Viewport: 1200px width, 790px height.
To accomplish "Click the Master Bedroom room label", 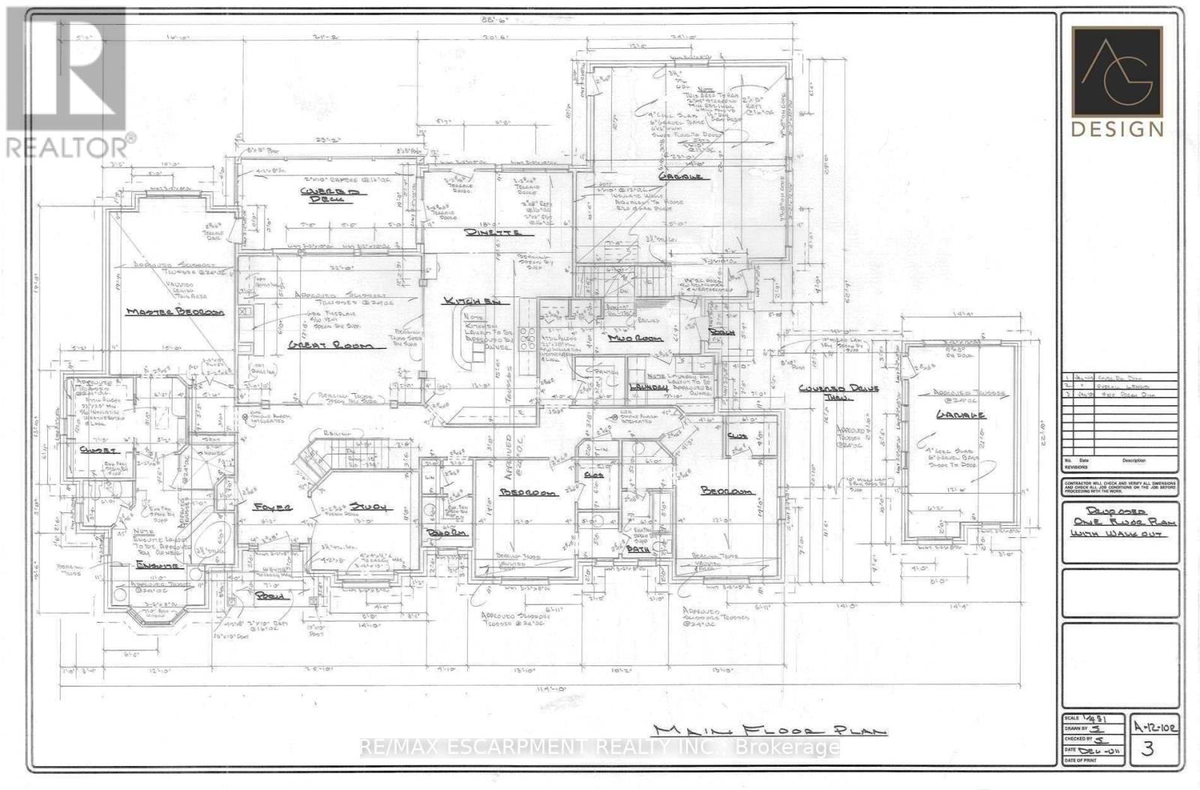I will (x=175, y=311).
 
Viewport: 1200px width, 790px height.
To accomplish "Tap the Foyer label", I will (x=272, y=507).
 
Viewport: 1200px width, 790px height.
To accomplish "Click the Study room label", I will (x=371, y=507).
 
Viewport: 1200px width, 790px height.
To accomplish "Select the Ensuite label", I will (x=155, y=565).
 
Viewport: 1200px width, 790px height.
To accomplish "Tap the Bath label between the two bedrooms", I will (x=639, y=549).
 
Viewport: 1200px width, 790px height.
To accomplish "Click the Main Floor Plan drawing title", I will (x=769, y=731).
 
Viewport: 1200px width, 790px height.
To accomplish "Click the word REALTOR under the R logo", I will (x=67, y=147).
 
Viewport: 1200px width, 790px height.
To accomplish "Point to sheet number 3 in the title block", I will (x=1146, y=749).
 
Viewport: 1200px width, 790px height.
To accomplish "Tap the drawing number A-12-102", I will (x=1155, y=726).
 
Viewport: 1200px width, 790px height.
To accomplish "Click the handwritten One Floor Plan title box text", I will (x=1121, y=521).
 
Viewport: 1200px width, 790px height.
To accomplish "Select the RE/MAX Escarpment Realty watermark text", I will (x=600, y=746).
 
